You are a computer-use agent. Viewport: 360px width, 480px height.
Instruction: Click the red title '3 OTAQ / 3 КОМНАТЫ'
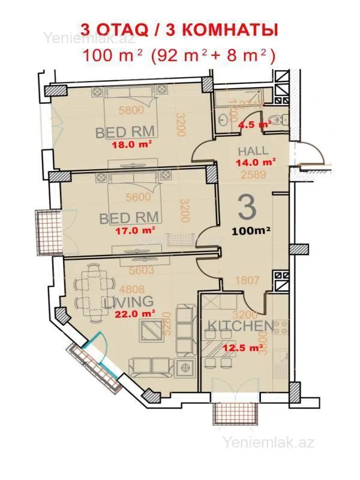click(x=179, y=29)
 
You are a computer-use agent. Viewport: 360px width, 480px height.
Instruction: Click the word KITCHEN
click(x=239, y=327)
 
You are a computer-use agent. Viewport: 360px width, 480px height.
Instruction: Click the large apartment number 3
click(x=247, y=208)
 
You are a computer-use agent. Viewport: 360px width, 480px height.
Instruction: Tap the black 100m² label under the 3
click(x=252, y=230)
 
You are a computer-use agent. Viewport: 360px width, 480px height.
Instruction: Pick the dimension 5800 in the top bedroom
click(x=131, y=110)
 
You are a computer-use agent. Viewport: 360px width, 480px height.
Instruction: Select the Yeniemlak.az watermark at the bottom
click(x=269, y=443)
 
